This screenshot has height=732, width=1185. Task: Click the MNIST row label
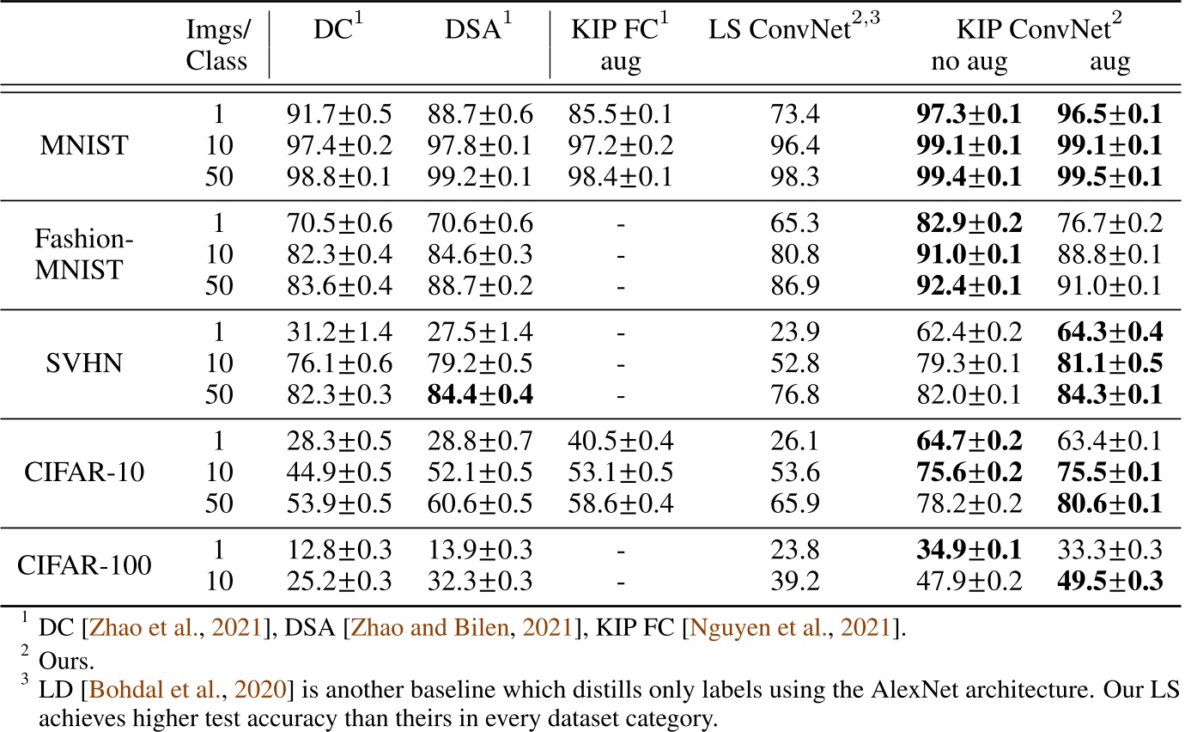84,145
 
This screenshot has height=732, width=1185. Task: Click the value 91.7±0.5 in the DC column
338,114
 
